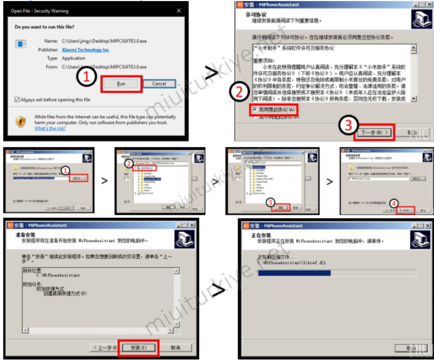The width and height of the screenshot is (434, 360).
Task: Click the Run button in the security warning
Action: tap(121, 83)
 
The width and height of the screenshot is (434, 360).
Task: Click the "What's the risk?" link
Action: tap(50, 128)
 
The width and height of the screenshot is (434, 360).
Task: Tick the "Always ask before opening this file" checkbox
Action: tap(18, 99)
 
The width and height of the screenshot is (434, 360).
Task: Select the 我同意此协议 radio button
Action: tap(256, 109)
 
